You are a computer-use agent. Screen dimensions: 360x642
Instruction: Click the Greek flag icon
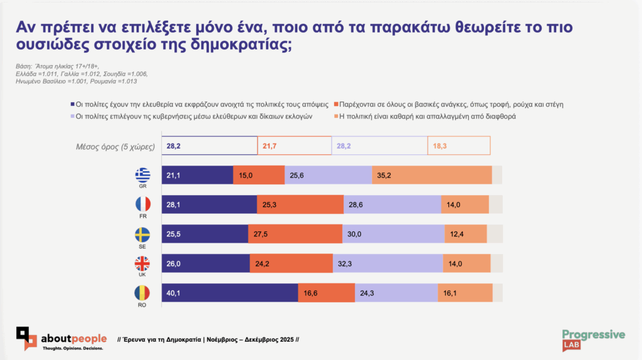pyautogui.click(x=142, y=173)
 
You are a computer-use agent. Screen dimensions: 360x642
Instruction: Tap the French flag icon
pyautogui.click(x=142, y=204)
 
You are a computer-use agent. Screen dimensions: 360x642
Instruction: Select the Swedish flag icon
pyautogui.click(x=142, y=235)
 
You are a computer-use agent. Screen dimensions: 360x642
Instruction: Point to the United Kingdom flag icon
pyautogui.click(x=142, y=264)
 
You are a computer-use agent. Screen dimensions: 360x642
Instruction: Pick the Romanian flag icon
pyautogui.click(x=142, y=294)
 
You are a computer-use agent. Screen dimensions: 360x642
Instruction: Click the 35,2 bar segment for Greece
pyautogui.click(x=431, y=175)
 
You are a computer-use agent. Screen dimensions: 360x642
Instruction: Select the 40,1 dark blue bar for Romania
pyautogui.click(x=229, y=293)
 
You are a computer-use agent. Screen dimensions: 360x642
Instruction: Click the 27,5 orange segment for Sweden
pyautogui.click(x=295, y=234)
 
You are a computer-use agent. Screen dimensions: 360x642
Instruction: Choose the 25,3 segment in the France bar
pyautogui.click(x=300, y=204)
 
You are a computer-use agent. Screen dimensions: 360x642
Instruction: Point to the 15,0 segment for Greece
pyautogui.click(x=258, y=175)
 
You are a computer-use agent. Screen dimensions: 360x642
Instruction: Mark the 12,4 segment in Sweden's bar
pyautogui.click(x=465, y=234)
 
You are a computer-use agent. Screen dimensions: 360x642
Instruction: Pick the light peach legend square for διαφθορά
pyautogui.click(x=336, y=117)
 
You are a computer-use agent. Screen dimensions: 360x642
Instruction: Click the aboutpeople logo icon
pyautogui.click(x=27, y=338)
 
